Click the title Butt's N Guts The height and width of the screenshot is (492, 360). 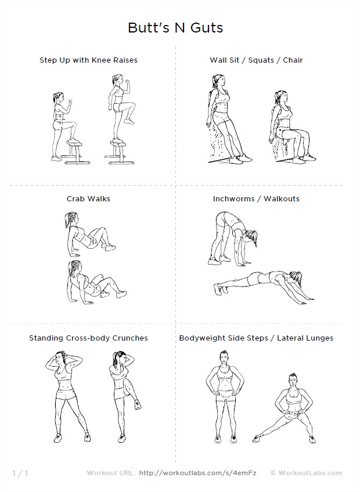(x=175, y=28)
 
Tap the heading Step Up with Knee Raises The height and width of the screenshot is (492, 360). (x=89, y=60)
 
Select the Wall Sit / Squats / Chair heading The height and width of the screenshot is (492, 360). (x=256, y=60)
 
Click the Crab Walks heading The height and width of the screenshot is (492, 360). (x=88, y=198)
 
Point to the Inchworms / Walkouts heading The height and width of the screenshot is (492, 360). (x=256, y=198)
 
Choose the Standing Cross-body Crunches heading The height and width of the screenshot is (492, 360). (x=88, y=338)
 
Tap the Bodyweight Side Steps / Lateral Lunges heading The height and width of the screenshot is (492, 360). (x=256, y=338)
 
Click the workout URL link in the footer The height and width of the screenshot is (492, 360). (x=197, y=473)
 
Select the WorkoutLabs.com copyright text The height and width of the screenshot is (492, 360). (x=306, y=473)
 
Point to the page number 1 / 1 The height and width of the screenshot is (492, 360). (x=20, y=473)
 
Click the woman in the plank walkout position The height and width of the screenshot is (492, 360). (x=264, y=283)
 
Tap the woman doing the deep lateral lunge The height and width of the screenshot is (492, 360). (x=285, y=408)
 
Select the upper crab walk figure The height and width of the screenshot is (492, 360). (x=89, y=232)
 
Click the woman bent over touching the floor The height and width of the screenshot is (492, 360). (x=232, y=238)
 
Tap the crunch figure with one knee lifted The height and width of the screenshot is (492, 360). (x=124, y=396)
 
